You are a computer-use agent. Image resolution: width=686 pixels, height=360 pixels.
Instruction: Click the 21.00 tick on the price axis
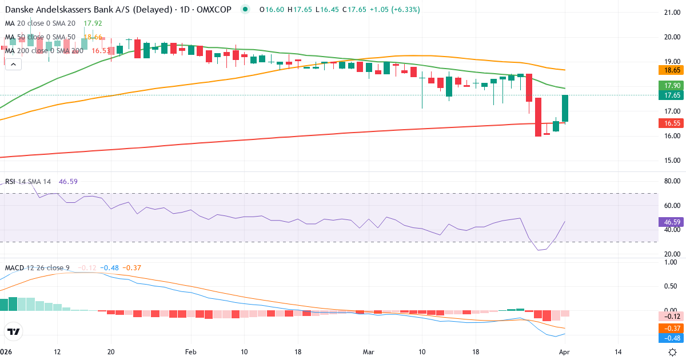668,12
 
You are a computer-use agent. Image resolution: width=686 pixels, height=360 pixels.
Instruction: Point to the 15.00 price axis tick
668,161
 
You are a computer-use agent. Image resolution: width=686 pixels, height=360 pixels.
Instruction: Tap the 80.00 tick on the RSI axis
668,181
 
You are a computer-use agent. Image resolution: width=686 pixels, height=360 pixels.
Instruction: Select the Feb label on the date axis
190,351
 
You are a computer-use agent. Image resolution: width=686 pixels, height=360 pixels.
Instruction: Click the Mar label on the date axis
369,351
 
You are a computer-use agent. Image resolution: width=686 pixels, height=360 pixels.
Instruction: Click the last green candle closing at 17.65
565,108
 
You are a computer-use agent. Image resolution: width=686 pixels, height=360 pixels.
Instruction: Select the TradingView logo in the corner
14,331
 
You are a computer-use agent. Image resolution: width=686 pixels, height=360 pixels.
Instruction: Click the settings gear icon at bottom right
673,352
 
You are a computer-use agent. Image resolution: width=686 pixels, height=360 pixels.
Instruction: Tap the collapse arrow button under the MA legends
13,65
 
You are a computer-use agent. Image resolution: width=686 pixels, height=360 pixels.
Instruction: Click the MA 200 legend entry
45,51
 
